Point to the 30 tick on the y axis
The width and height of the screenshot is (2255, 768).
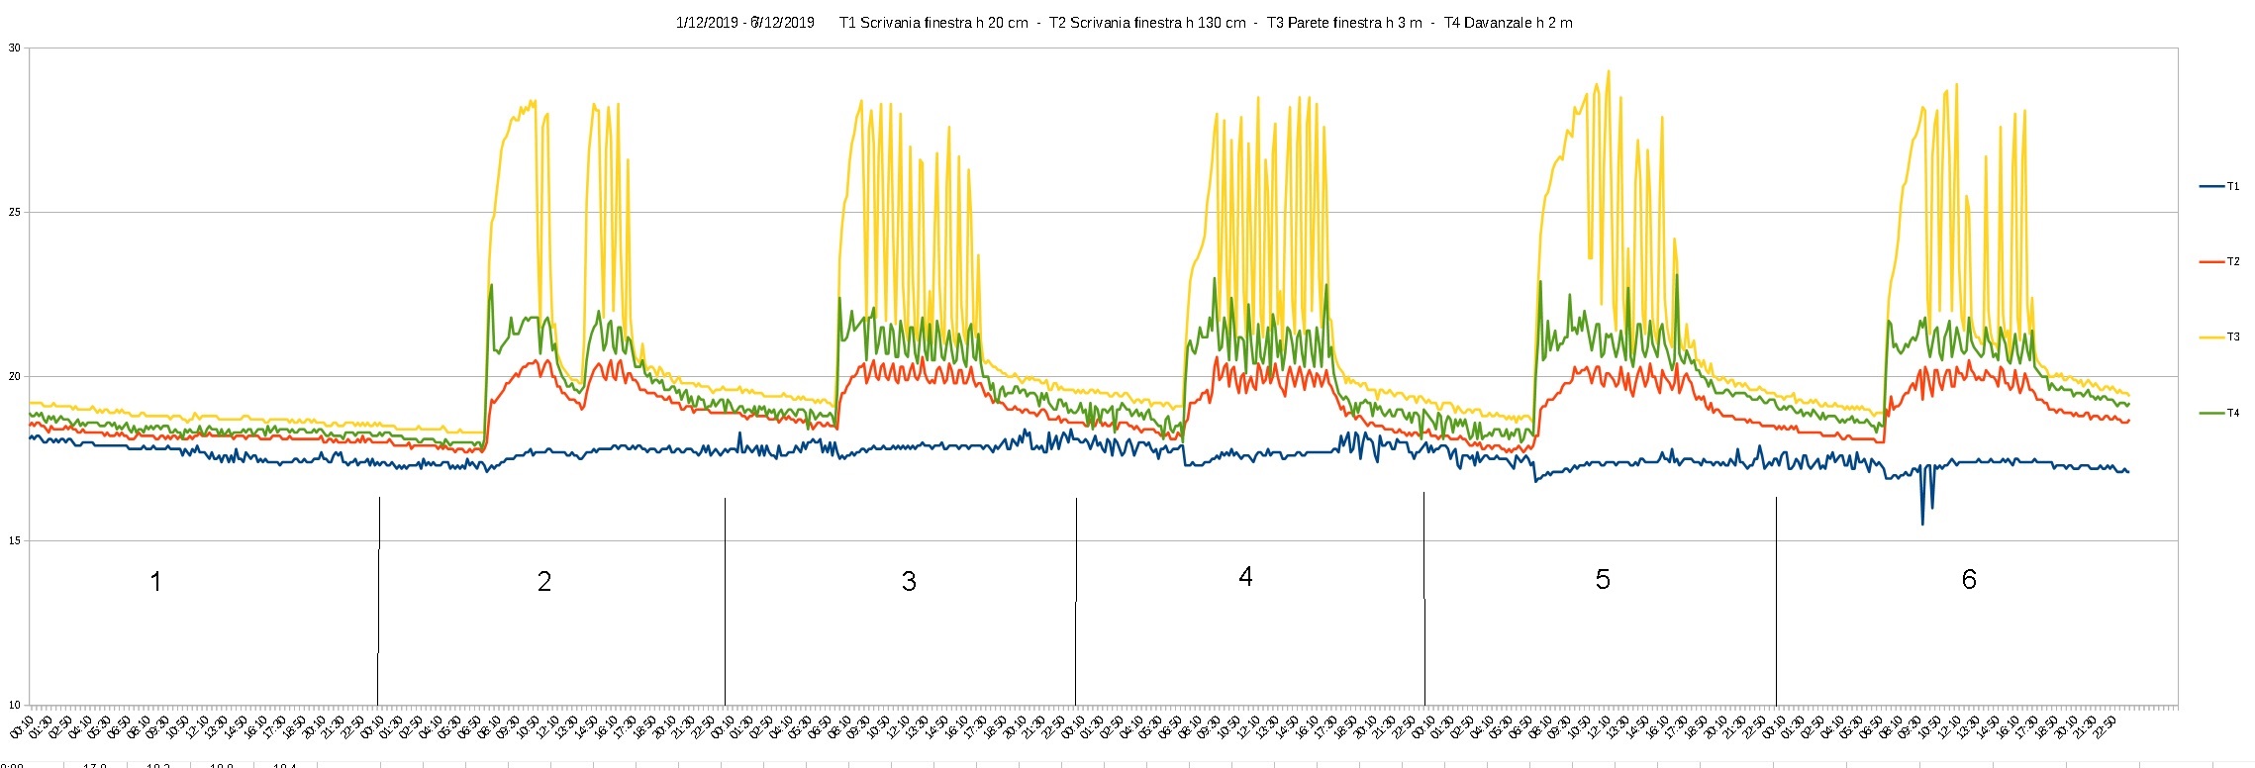point(14,48)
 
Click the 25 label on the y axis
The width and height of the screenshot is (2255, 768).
point(14,212)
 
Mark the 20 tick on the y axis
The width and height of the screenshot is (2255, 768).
point(14,376)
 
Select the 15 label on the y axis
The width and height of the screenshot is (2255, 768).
point(14,540)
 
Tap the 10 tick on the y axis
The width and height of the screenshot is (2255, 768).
point(14,705)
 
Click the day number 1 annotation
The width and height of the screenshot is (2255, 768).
point(155,581)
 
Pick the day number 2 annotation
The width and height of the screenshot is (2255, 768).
point(543,581)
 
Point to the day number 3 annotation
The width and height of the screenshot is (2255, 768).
point(909,581)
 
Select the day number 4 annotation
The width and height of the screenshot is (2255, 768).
point(1245,576)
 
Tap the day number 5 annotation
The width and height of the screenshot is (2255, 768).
point(1603,579)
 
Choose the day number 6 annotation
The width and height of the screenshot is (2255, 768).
point(1969,579)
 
